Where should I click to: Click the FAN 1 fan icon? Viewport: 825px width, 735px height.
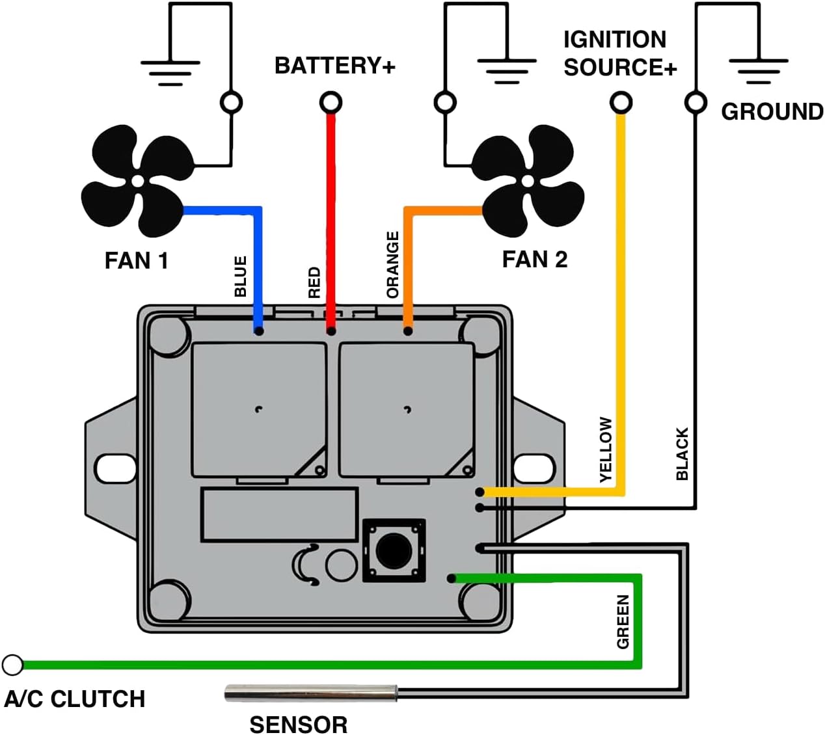[x=137, y=181]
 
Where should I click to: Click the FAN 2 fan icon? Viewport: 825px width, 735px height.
[x=528, y=180]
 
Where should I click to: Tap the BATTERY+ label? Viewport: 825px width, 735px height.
[x=334, y=66]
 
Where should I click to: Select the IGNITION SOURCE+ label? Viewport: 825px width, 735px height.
[x=619, y=53]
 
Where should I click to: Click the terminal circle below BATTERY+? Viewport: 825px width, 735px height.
[x=331, y=102]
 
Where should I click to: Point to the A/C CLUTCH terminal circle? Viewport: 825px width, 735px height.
[x=12, y=665]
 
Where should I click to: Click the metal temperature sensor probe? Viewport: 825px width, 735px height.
[x=310, y=693]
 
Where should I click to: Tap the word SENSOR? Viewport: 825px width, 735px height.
[x=299, y=724]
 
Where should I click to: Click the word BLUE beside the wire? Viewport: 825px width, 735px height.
[x=241, y=276]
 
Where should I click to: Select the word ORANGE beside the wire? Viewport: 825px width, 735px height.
[x=392, y=265]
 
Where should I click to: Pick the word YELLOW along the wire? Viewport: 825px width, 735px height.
[x=606, y=449]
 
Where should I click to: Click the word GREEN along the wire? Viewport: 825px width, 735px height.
[x=623, y=622]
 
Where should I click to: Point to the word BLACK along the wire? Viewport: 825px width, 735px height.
[x=682, y=454]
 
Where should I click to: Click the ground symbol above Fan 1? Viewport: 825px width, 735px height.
[x=170, y=72]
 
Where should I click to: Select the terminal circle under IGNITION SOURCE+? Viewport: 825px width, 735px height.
[x=621, y=102]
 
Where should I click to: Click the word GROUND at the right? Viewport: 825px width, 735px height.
[x=772, y=112]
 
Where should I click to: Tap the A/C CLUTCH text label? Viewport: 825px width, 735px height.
[x=75, y=699]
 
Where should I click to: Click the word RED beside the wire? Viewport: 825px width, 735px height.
[x=314, y=282]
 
